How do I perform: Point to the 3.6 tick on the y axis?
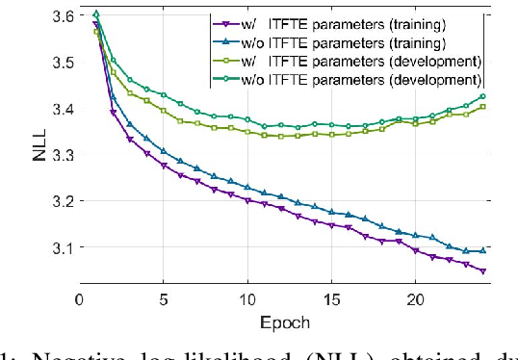coord(61,16)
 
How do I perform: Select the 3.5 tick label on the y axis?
coord(61,63)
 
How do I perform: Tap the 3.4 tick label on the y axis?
coord(61,109)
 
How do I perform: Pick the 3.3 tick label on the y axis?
coord(61,155)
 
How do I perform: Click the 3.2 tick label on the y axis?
coord(61,201)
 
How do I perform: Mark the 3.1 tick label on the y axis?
coord(61,247)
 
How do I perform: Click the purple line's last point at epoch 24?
coord(482,271)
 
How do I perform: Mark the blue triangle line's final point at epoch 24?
coord(482,250)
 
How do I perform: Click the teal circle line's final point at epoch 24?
coord(482,96)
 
